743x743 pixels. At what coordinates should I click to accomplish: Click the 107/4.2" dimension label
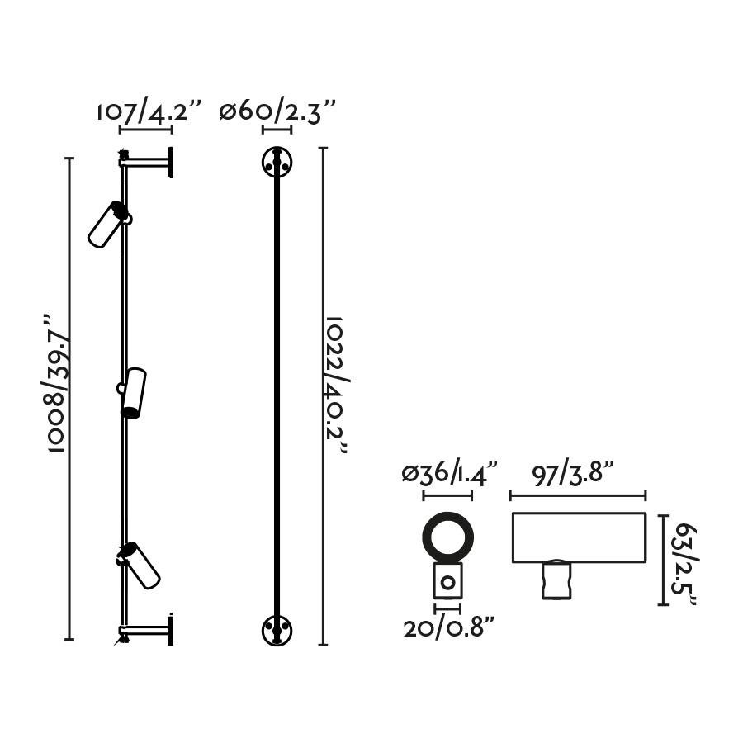149,112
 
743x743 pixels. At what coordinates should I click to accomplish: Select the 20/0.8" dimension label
449,628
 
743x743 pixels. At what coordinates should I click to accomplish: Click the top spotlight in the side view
109,224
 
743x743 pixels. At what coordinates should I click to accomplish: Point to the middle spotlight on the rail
132,393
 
